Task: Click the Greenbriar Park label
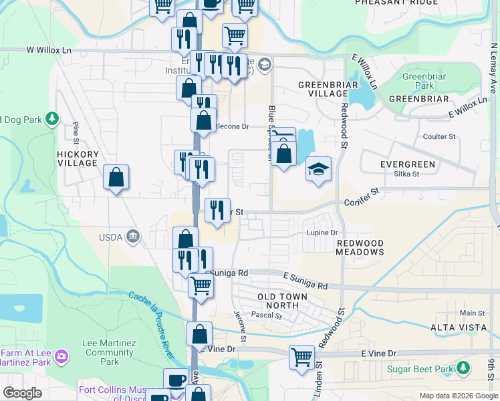point(419,81)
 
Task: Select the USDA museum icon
point(134,235)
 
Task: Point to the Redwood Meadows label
point(360,247)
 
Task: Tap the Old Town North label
point(283,301)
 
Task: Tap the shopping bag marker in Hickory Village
point(116,177)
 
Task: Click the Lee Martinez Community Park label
point(109,352)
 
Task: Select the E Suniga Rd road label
point(305,281)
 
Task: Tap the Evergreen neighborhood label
point(408,164)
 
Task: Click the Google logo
point(22,392)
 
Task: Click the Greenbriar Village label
point(323,90)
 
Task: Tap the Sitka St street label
point(406,174)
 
